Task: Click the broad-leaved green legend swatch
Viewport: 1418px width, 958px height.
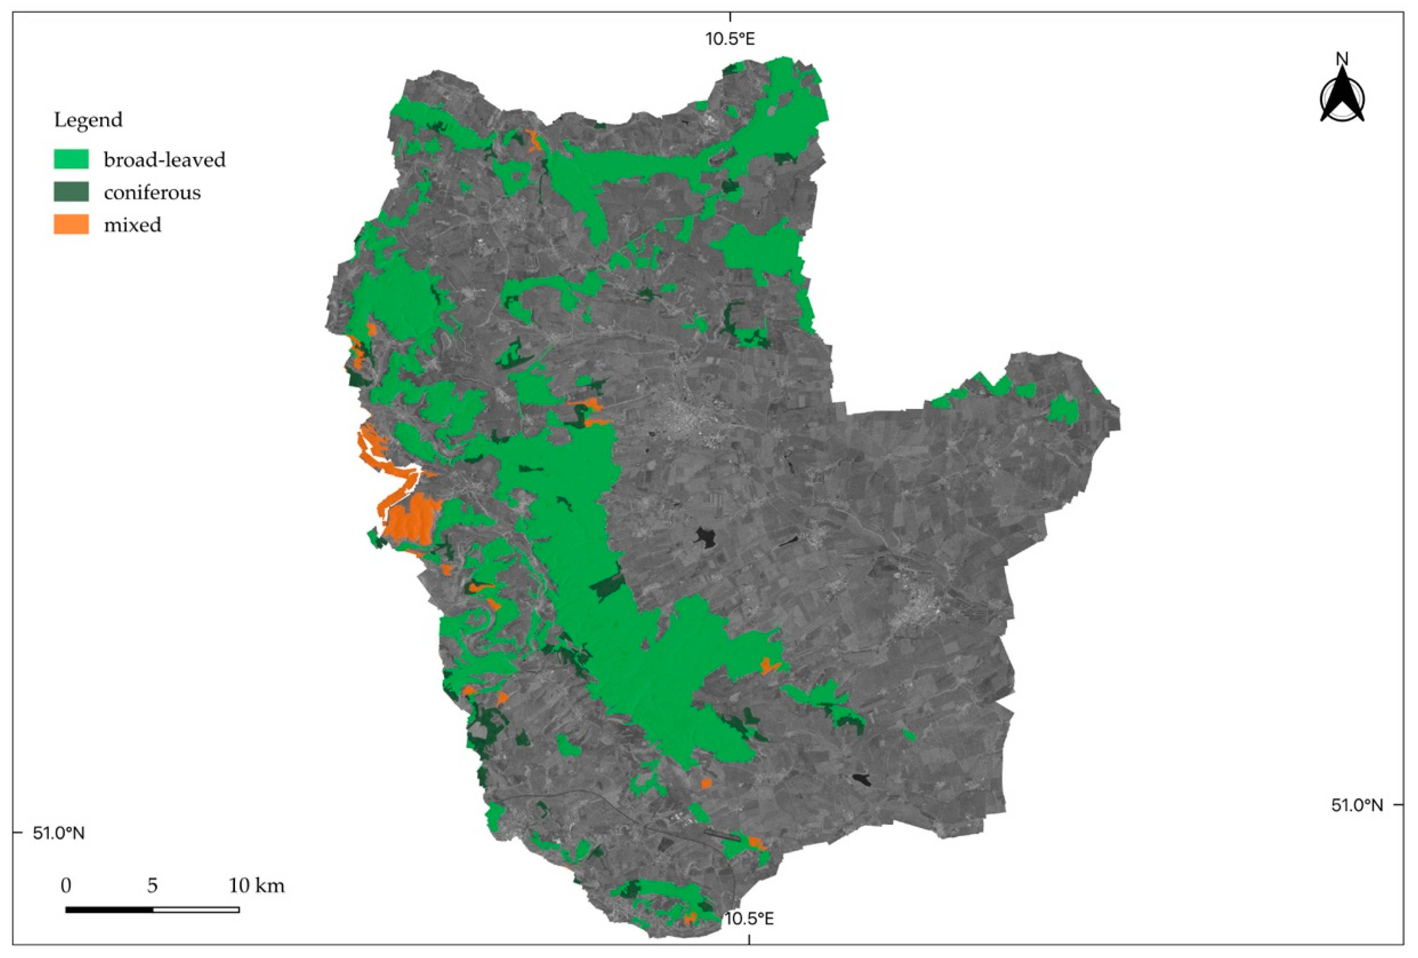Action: [x=71, y=159]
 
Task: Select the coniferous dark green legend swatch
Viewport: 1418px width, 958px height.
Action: [x=71, y=192]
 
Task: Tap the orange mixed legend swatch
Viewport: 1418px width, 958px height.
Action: [x=71, y=225]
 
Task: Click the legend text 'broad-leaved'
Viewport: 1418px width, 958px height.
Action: [x=164, y=160]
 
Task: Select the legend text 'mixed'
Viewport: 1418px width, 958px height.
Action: [x=132, y=225]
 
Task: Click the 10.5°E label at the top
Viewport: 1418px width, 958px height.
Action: [x=730, y=39]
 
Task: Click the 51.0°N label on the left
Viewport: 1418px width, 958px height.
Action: [x=59, y=833]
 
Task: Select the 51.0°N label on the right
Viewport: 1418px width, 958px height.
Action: [x=1357, y=806]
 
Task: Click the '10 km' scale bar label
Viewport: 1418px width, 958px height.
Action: [x=256, y=886]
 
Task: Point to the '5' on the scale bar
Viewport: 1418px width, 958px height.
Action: [x=153, y=886]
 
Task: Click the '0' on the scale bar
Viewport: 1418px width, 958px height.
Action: [x=66, y=886]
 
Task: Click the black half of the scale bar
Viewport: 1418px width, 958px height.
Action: [x=109, y=909]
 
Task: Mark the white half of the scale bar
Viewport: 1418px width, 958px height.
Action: [x=196, y=909]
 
